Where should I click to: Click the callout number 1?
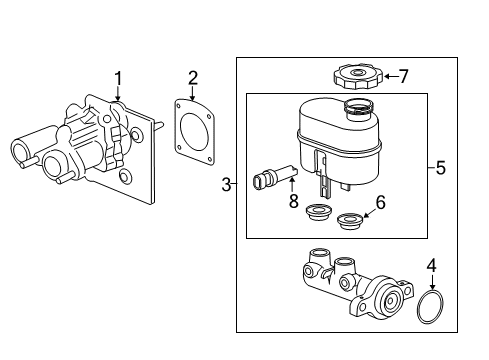pos(118,77)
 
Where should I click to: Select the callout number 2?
pos(193,77)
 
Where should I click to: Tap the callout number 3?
pos(226,183)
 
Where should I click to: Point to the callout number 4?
pos(431,266)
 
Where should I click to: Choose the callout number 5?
pos(440,167)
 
